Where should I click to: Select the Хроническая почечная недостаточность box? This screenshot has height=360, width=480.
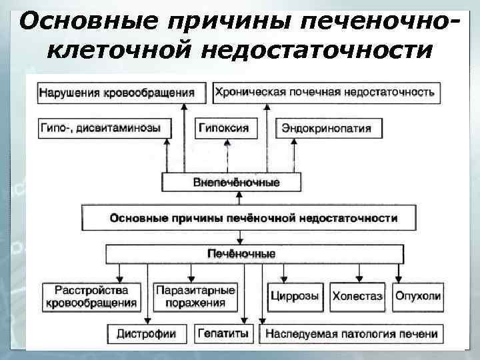point(325,93)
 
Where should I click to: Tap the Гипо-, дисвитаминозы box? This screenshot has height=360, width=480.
point(100,128)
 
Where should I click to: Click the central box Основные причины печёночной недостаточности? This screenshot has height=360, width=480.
point(253,218)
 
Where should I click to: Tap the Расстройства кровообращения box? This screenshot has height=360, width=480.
point(92,297)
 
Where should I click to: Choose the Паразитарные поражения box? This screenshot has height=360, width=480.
point(195,297)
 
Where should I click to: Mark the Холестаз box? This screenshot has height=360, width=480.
point(357,296)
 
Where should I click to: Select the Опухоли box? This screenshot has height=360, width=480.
point(417,296)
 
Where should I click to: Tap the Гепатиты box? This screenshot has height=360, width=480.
point(223,333)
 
